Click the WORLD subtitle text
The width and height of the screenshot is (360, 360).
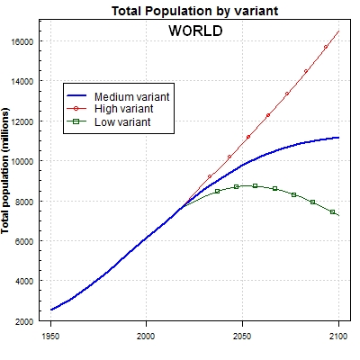(x=195, y=30)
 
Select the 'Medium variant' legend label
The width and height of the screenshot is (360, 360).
(x=132, y=95)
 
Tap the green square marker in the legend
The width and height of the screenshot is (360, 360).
(x=78, y=121)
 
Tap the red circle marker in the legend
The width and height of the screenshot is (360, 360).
(x=78, y=108)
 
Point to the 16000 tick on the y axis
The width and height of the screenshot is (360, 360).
(x=22, y=41)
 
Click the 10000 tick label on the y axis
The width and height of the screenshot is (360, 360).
(x=22, y=161)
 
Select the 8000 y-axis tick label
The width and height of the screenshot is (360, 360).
(x=24, y=201)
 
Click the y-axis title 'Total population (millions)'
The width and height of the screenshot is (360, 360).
(x=7, y=175)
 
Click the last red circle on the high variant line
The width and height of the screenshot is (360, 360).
(x=326, y=47)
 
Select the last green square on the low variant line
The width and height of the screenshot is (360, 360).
(x=332, y=211)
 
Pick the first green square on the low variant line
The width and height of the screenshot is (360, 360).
(x=217, y=192)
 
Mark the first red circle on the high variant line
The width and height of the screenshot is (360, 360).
(x=210, y=176)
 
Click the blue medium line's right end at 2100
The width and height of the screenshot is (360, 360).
(x=338, y=138)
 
